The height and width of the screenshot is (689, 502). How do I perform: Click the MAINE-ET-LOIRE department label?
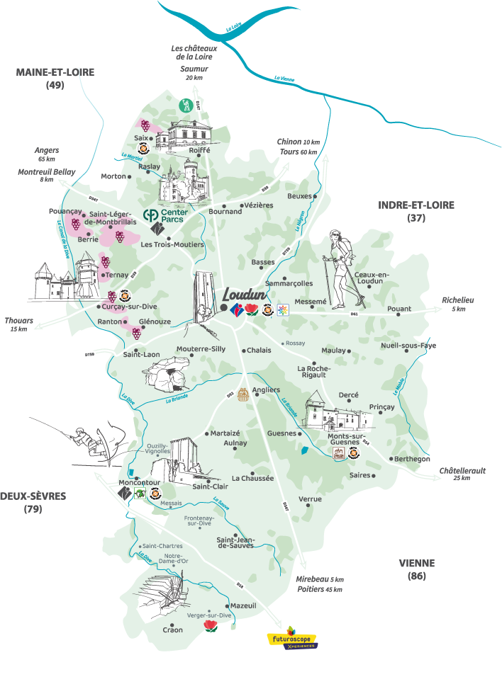pos(55,72)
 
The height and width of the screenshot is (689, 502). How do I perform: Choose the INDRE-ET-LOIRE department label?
pos(416,205)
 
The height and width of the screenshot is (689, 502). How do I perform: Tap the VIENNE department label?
pos(417,564)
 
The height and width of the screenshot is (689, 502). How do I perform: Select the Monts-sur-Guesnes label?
pos(346,441)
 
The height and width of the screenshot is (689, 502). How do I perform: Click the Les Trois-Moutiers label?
pos(172,245)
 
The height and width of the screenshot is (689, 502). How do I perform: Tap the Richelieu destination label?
pos(457,300)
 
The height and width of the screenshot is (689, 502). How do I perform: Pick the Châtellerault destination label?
pos(462,471)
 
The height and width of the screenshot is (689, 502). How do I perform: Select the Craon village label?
pos(172,630)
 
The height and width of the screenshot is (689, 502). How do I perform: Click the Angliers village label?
pos(266,389)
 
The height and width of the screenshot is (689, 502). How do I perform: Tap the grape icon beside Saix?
pos(145,125)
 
